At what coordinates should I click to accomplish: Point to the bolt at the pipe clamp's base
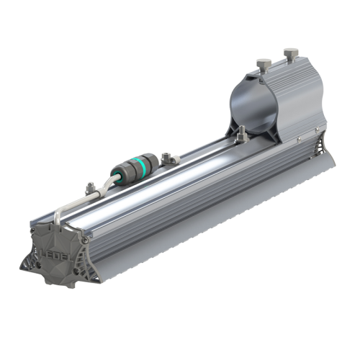pos(241,131)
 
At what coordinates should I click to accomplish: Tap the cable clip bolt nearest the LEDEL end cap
pos(89,189)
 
